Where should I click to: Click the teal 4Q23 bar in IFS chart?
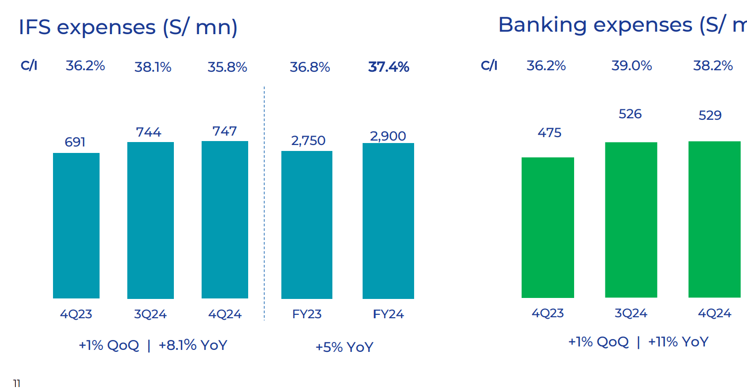(76, 225)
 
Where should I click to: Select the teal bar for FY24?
(388, 221)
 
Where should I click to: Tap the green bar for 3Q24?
(631, 220)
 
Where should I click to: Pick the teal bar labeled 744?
(151, 220)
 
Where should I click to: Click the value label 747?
(225, 131)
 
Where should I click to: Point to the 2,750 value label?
(308, 141)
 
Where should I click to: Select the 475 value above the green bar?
(549, 133)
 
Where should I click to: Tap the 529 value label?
(710, 115)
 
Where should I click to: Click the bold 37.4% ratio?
(388, 67)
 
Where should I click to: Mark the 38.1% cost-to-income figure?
(153, 67)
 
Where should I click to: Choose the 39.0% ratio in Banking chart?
(632, 66)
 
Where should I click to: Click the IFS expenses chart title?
(128, 27)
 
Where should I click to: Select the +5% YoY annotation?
(344, 347)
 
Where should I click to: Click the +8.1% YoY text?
(193, 345)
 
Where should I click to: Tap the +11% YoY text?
(678, 342)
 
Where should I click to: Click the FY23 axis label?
(307, 314)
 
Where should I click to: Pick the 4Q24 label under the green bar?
(714, 313)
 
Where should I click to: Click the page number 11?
(16, 384)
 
